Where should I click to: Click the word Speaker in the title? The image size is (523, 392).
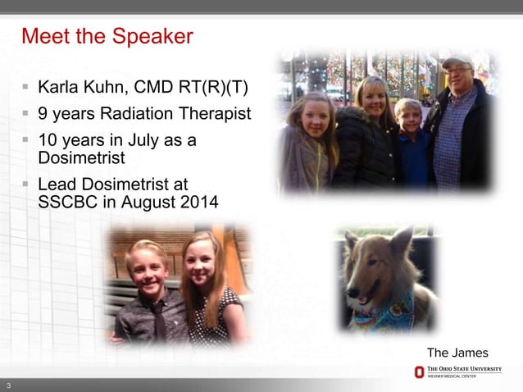click(152, 37)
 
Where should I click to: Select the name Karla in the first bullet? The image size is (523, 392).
click(58, 88)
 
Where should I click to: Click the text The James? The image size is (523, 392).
click(457, 353)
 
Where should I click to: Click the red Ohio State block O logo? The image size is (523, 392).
click(420, 373)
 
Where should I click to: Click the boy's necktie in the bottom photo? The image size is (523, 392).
click(158, 320)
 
